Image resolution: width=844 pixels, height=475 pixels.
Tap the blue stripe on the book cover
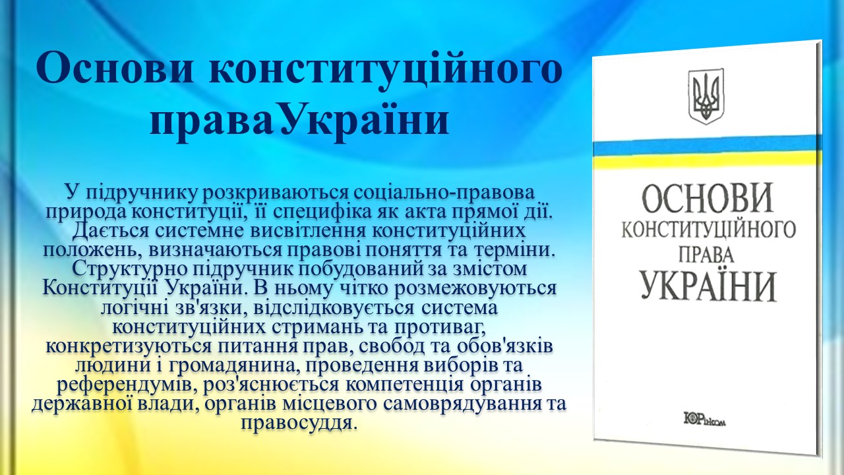coord(707,147)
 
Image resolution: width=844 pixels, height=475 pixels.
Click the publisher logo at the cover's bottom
coord(705,419)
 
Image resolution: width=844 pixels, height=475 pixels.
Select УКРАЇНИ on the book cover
coord(708,285)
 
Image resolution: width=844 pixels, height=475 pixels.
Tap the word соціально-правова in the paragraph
coord(444,192)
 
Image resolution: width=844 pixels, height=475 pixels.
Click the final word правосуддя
coord(297,423)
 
